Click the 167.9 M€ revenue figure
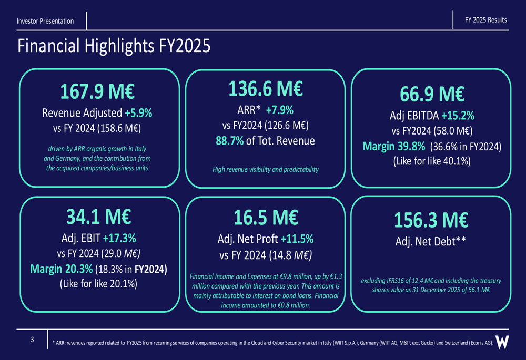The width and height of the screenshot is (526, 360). click(x=97, y=92)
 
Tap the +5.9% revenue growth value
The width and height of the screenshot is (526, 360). click(x=138, y=113)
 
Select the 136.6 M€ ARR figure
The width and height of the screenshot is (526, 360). click(x=265, y=89)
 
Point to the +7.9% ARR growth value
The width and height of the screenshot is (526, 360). click(x=279, y=110)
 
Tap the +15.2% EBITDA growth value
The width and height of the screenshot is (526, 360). click(x=458, y=116)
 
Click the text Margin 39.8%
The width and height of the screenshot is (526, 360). click(x=394, y=146)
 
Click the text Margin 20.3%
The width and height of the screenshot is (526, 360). click(x=60, y=269)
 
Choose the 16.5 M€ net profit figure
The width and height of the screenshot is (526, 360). click(x=265, y=217)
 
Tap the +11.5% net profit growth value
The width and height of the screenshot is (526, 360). click(x=297, y=239)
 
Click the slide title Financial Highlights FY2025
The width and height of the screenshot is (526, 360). click(x=114, y=46)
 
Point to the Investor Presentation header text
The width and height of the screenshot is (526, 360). click(x=45, y=21)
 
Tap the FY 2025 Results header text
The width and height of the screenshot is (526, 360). click(x=486, y=20)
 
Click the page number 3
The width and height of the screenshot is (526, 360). click(x=32, y=340)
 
